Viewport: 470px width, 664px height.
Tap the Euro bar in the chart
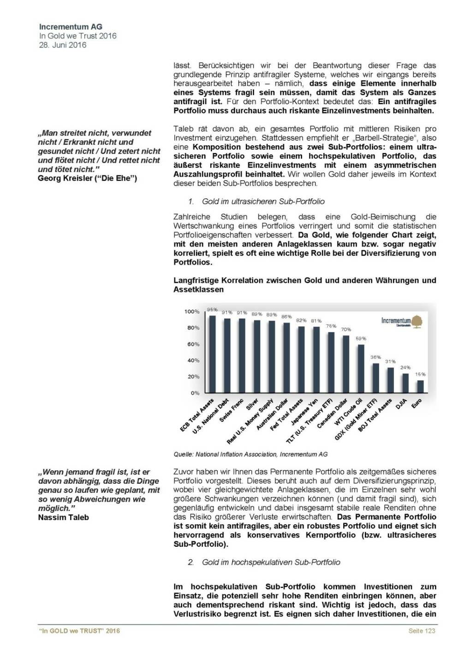pyautogui.click(x=420, y=386)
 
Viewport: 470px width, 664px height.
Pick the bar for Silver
pyautogui.click(x=257, y=356)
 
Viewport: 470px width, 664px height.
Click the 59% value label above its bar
pyautogui.click(x=361, y=338)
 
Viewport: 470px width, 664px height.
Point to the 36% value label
pyautogui.click(x=375, y=357)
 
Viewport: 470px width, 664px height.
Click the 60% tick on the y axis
pyautogui.click(x=193, y=344)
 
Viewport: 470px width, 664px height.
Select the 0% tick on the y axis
pyautogui.click(x=195, y=393)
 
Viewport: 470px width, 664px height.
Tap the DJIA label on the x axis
pyautogui.click(x=400, y=404)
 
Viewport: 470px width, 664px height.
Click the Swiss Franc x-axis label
pyautogui.click(x=232, y=411)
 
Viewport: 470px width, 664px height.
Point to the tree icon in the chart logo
pyautogui.click(x=416, y=321)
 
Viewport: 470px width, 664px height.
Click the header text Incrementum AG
pyautogui.click(x=71, y=27)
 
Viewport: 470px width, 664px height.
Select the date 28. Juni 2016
pyautogui.click(x=63, y=45)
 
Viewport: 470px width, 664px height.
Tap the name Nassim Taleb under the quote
pyautogui.click(x=63, y=517)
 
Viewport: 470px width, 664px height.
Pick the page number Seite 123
pyautogui.click(x=422, y=631)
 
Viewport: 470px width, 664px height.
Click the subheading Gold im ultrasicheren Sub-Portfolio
pyautogui.click(x=263, y=202)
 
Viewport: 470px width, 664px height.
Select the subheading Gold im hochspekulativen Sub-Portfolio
pyautogui.click(x=271, y=562)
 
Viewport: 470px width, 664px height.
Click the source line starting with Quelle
pyautogui.click(x=250, y=454)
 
